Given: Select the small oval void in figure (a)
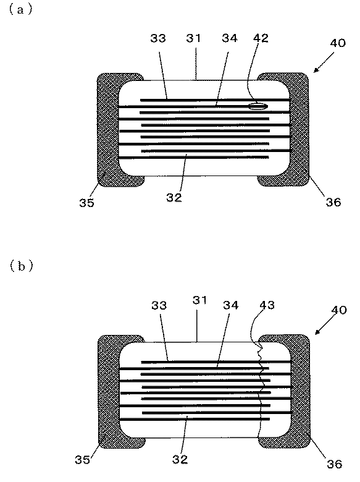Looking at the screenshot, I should (x=258, y=106).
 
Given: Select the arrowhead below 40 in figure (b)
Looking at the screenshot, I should (x=316, y=334).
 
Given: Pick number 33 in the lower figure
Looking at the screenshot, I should (x=158, y=305).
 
